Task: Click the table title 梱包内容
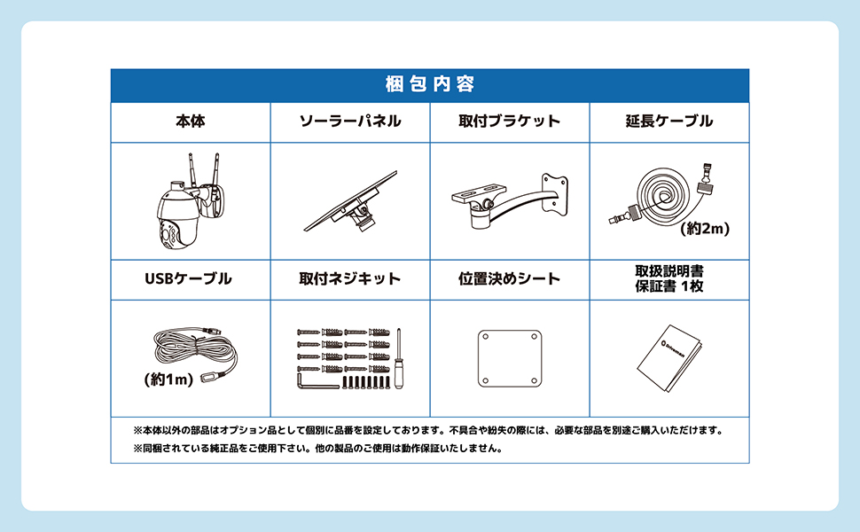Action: coord(430,85)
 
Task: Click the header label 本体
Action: coord(190,121)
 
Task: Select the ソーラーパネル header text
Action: coord(350,121)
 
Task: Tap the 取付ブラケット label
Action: coord(510,121)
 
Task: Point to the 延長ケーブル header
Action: coord(668,121)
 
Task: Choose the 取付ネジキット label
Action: coord(350,278)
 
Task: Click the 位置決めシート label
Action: coord(510,278)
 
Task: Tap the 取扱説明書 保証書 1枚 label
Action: coord(669,278)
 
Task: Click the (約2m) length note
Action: coord(705,229)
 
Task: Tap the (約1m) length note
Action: coord(168,379)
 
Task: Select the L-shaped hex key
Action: coord(315,381)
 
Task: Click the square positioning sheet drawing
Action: coord(509,356)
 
